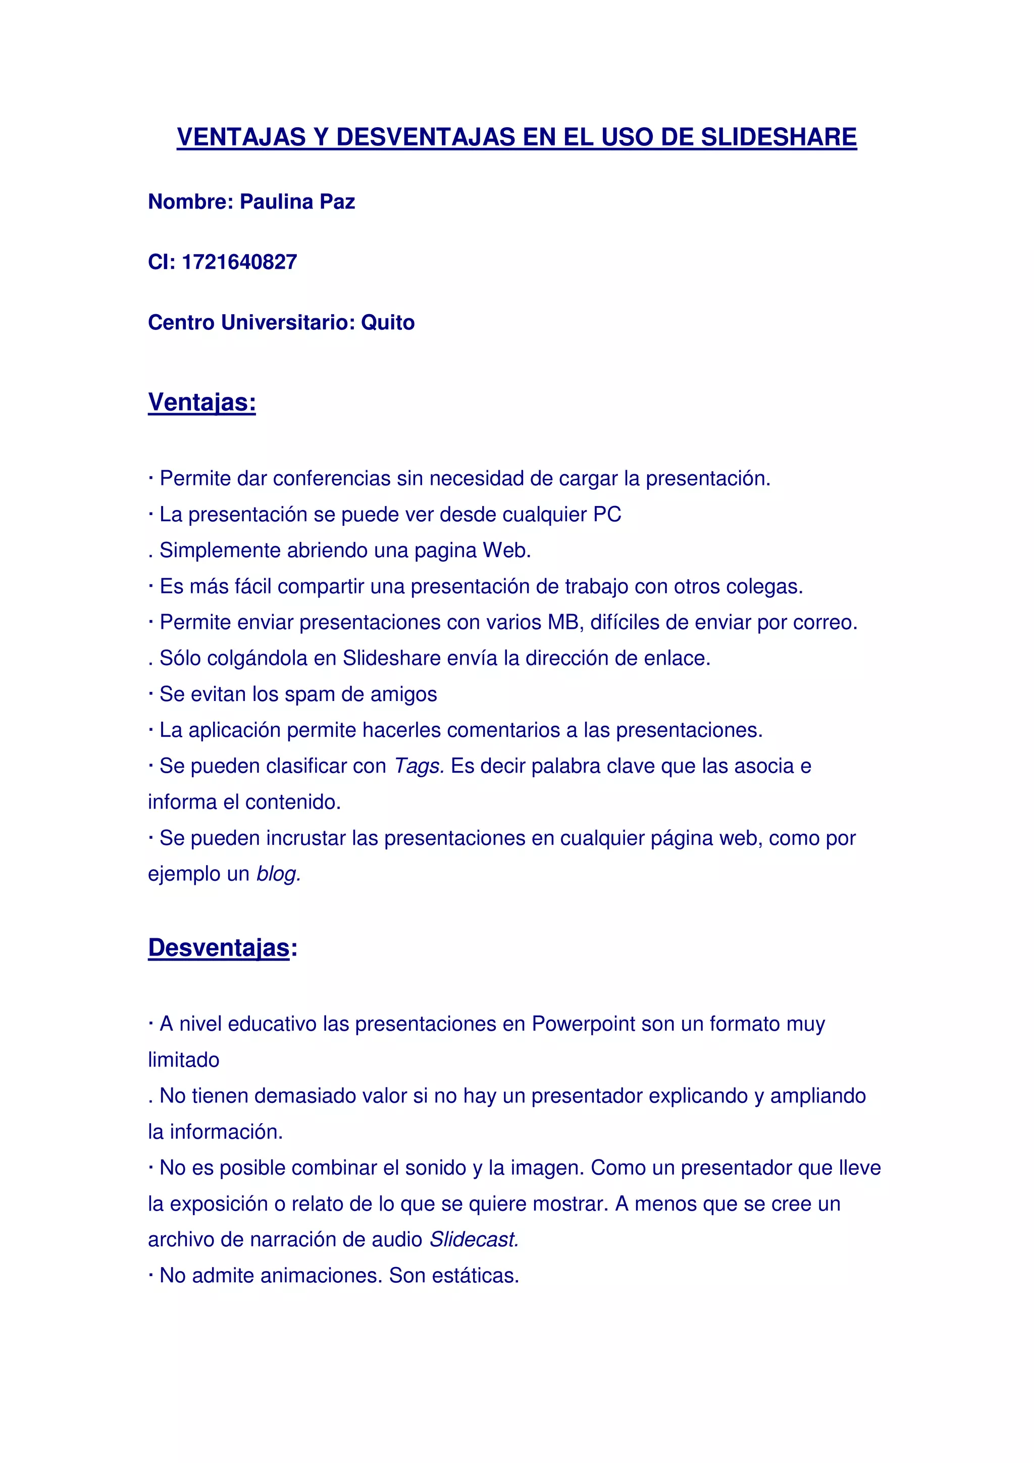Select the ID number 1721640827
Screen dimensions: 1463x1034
point(239,262)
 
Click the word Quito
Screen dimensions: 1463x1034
point(387,322)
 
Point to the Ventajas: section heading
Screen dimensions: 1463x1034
point(202,402)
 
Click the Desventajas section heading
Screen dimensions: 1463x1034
point(219,947)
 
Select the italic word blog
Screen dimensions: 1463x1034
point(278,874)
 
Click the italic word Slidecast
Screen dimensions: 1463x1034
point(474,1239)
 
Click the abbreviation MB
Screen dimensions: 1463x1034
point(563,623)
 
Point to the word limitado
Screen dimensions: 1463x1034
point(183,1060)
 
